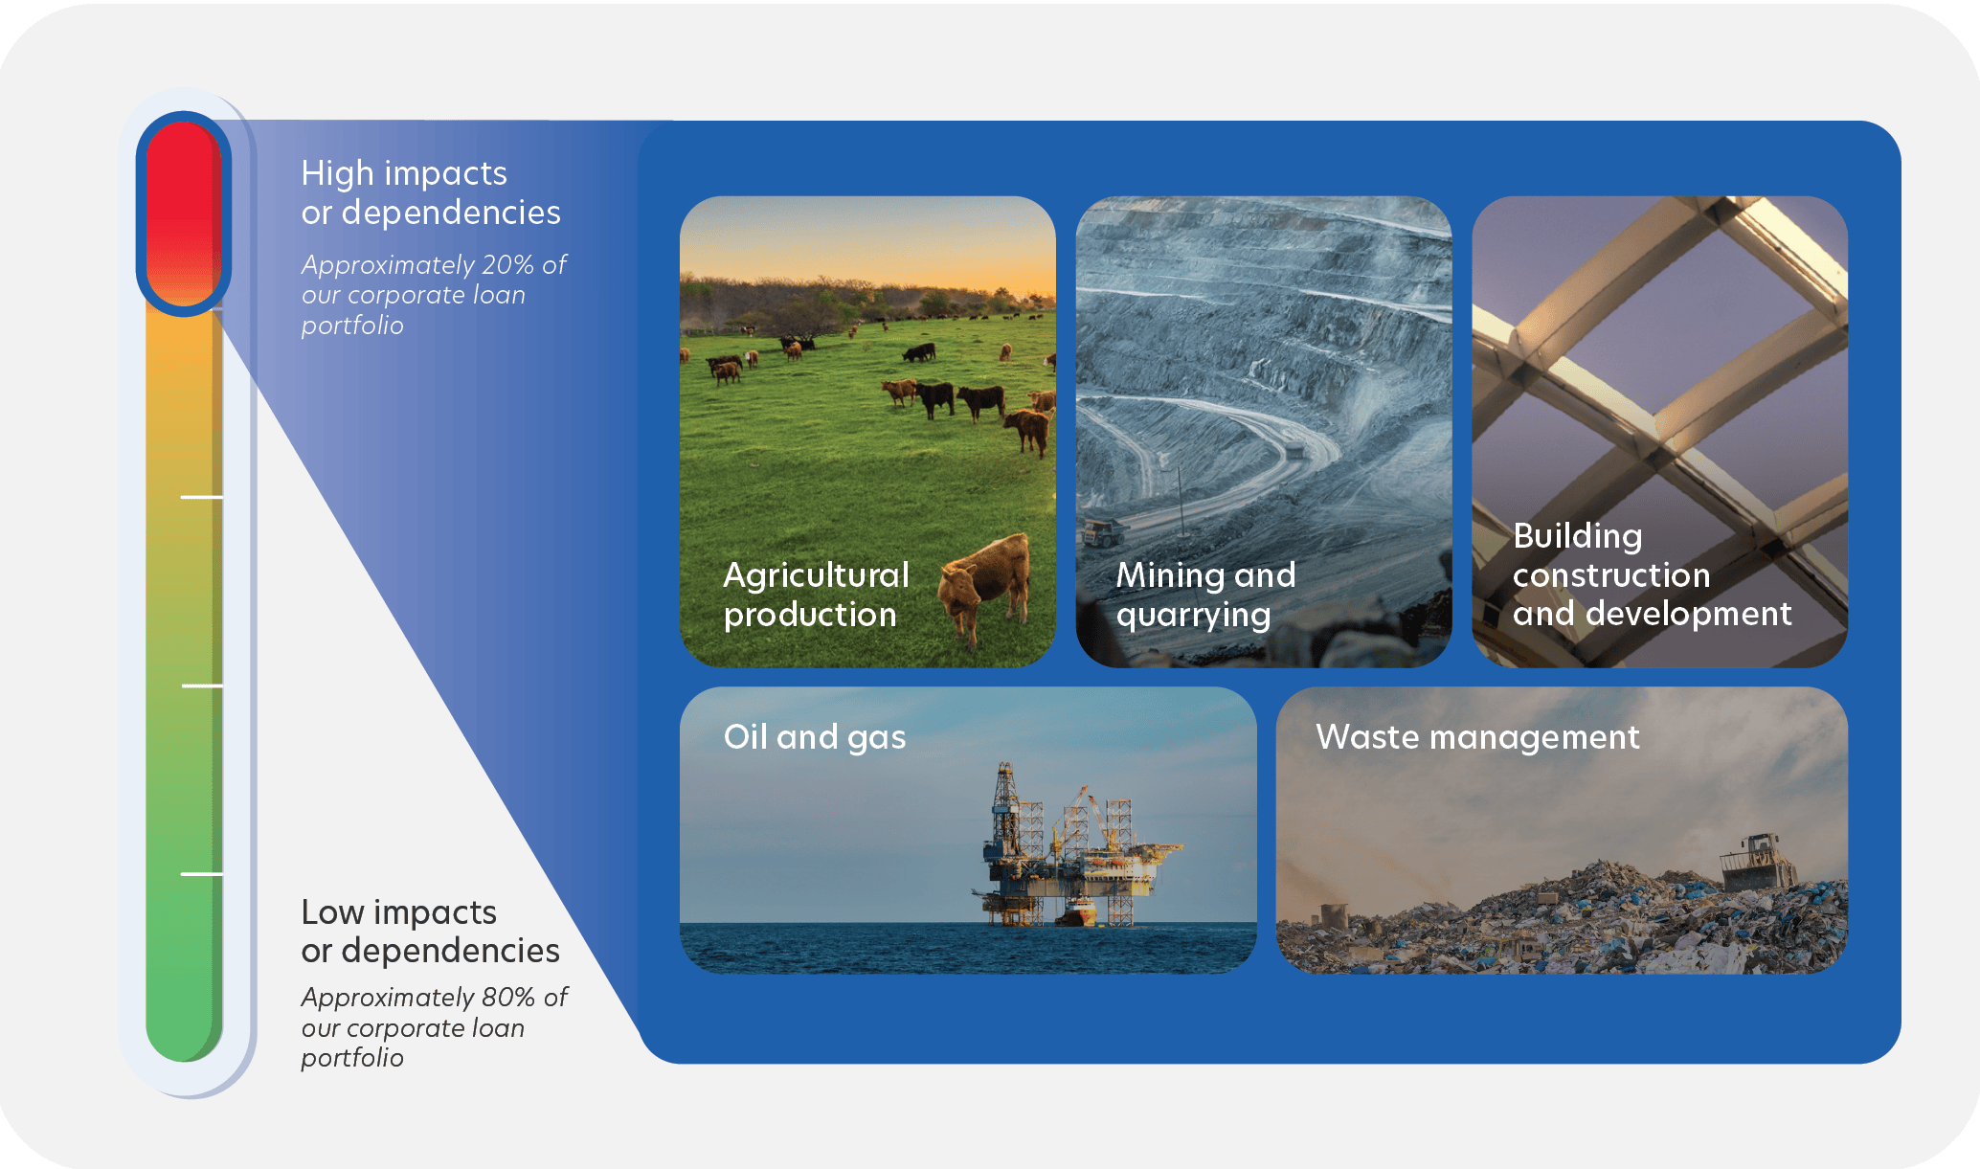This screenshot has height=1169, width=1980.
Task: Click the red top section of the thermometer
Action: [184, 214]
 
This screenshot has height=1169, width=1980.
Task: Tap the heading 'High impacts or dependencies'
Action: [431, 192]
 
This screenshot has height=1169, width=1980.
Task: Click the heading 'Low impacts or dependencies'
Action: [430, 932]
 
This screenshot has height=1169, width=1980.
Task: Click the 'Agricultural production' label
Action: [816, 595]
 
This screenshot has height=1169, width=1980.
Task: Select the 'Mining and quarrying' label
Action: [1205, 595]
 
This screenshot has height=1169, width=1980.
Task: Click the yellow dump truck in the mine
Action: [1103, 532]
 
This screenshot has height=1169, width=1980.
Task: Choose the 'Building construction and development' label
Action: [1652, 574]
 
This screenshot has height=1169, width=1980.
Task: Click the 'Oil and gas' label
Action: [815, 737]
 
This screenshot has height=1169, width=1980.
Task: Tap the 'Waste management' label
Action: [1477, 737]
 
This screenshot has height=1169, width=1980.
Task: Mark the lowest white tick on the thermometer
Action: [202, 874]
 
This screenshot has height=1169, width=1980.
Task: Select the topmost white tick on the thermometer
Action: [202, 497]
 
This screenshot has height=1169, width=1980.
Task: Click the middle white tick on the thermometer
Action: [202, 686]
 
